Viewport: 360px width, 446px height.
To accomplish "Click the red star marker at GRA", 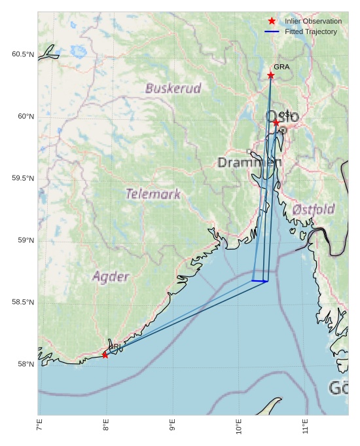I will click(x=271, y=75).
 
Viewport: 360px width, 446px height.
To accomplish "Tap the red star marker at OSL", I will click(x=276, y=122).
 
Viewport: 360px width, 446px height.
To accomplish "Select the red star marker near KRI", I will click(x=105, y=355).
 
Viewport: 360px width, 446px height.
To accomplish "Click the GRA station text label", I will click(x=281, y=67).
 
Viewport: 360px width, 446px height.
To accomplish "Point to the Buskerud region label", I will click(x=173, y=88).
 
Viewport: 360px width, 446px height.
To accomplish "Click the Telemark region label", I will click(x=153, y=194).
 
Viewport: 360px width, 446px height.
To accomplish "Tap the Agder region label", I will click(x=111, y=276).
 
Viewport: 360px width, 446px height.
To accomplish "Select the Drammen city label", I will click(x=249, y=162).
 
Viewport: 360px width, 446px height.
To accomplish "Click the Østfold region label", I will click(x=314, y=210).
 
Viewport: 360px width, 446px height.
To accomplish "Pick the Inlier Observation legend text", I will click(x=313, y=22).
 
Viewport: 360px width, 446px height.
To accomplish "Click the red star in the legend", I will click(x=272, y=22).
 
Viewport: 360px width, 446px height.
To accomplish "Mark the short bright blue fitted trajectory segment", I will click(x=260, y=281).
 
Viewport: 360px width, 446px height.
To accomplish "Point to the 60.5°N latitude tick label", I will click(x=23, y=54).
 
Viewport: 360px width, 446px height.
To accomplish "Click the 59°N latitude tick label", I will click(x=26, y=240).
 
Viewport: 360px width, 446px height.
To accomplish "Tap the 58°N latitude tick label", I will click(x=26, y=364).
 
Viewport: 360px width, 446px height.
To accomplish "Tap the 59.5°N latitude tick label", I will click(x=23, y=179).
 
